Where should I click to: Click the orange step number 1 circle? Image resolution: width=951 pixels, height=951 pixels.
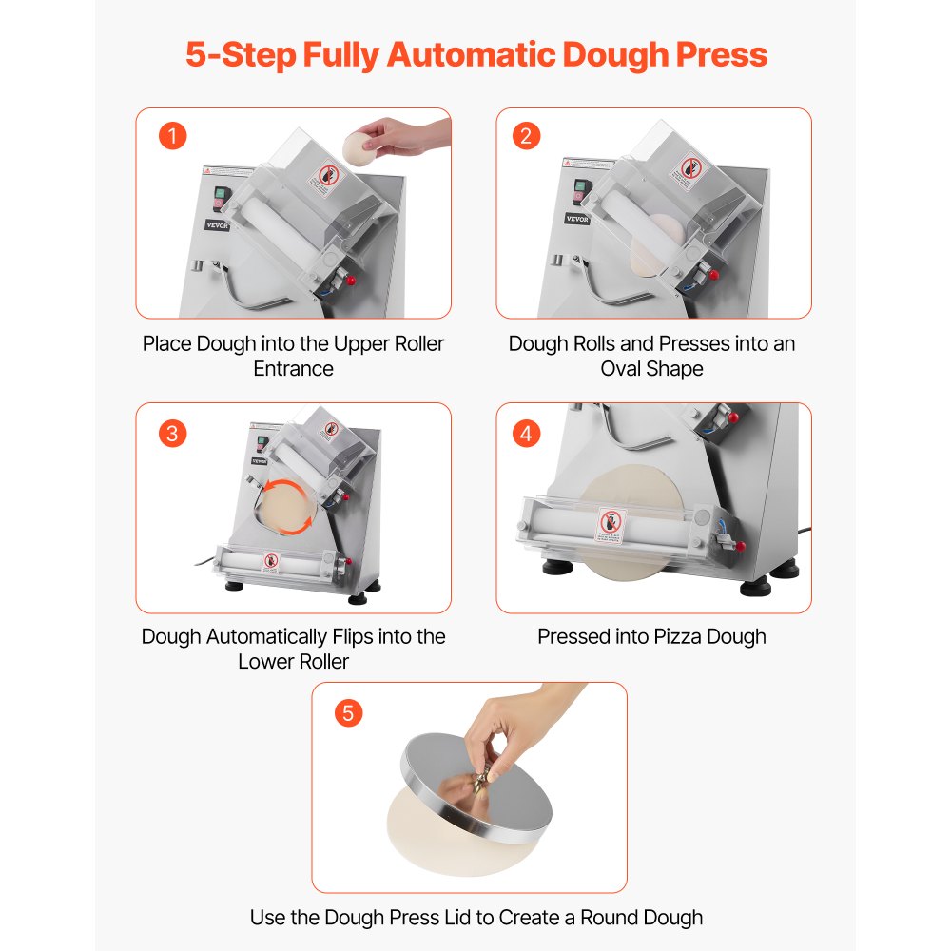click(173, 135)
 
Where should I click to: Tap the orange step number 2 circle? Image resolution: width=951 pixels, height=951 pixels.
click(526, 135)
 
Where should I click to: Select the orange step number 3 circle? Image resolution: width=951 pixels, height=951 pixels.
click(173, 434)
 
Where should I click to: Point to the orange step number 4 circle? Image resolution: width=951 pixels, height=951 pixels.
click(526, 434)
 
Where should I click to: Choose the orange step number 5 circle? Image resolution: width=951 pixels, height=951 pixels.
click(349, 713)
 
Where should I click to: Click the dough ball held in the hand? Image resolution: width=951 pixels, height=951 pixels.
click(359, 149)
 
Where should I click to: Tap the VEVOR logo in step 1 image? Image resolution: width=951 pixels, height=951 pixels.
click(219, 225)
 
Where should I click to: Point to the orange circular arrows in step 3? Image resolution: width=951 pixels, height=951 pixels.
click(287, 504)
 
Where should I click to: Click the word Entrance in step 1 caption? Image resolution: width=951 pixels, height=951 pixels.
click(293, 368)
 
